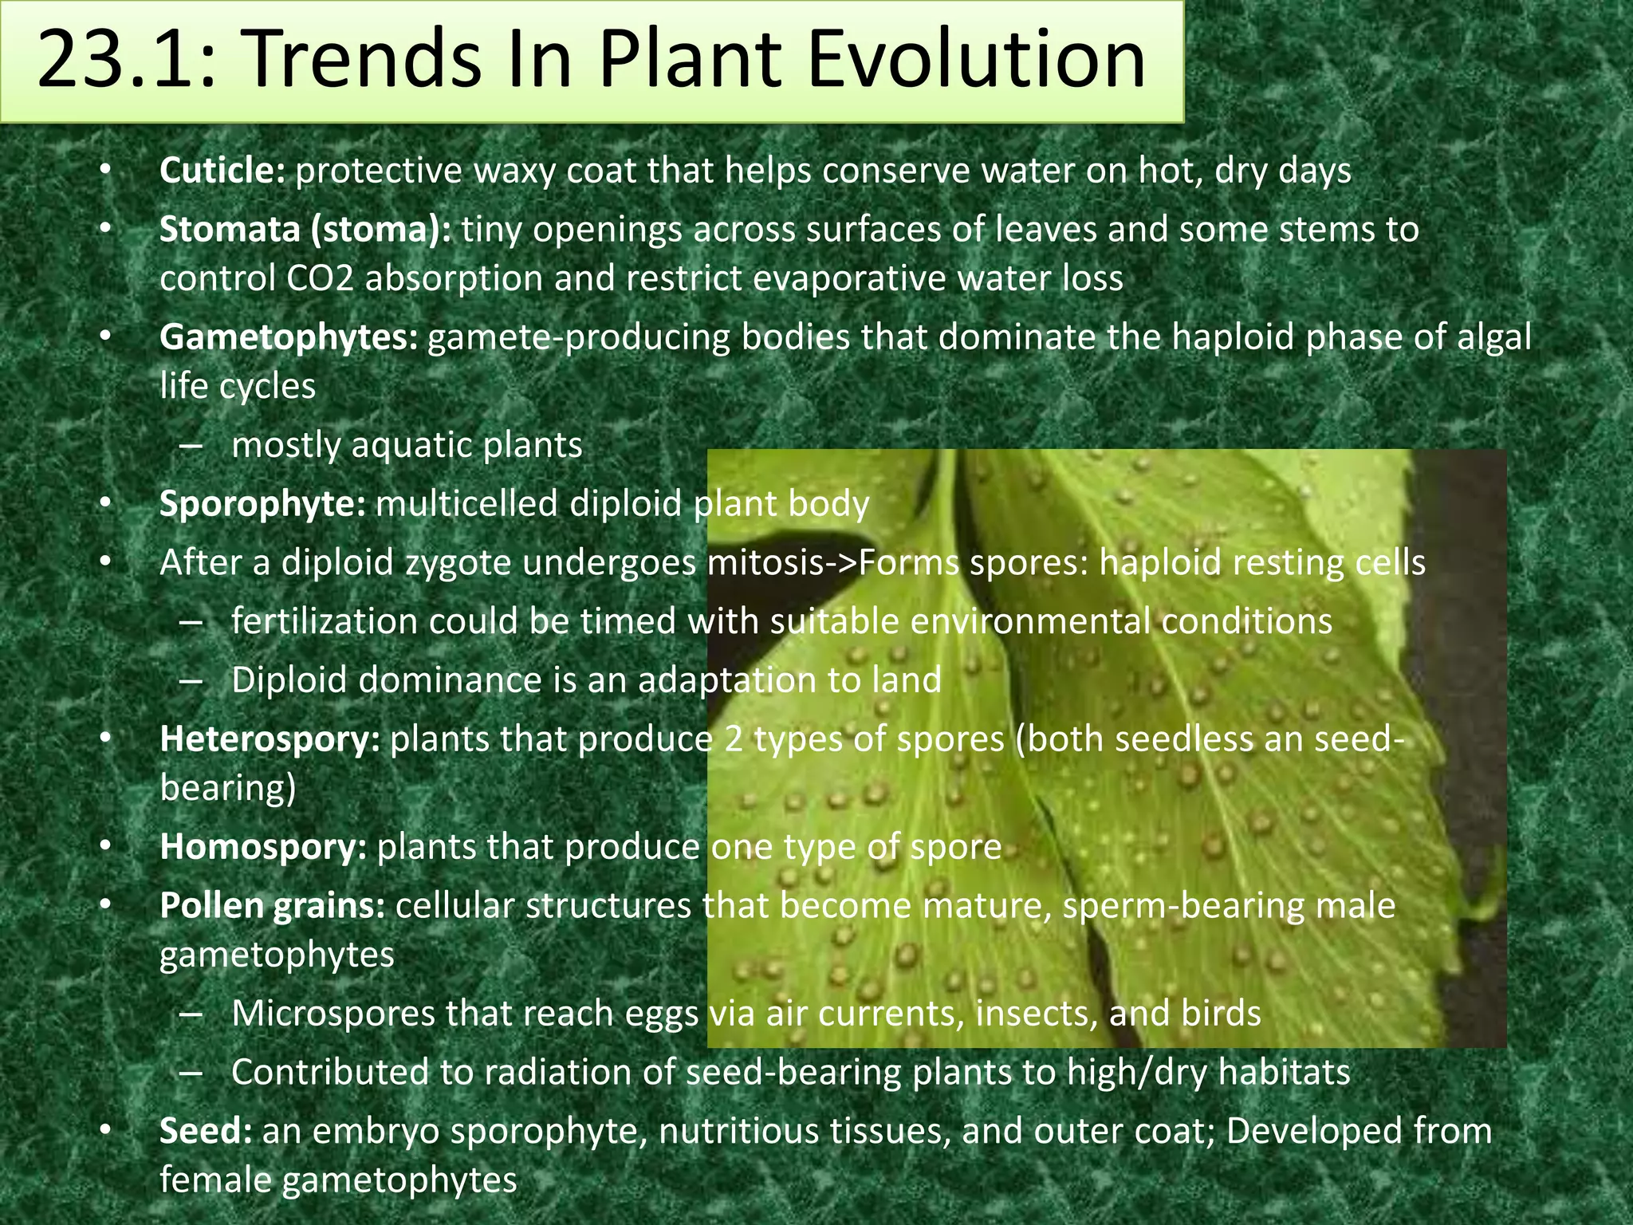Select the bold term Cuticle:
[x=222, y=171]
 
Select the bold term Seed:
[x=206, y=1131]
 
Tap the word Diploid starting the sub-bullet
[x=290, y=680]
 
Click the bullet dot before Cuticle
[x=104, y=171]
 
